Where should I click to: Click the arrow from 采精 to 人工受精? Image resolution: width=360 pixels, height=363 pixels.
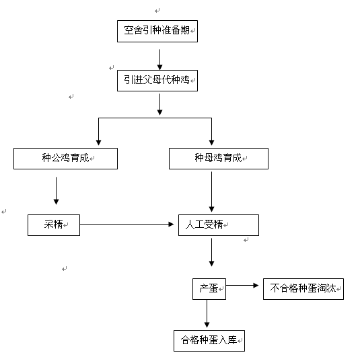click(127, 224)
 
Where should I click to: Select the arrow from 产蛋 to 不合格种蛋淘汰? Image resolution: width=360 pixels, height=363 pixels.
click(242, 285)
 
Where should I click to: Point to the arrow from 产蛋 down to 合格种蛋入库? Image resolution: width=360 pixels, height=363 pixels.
click(207, 314)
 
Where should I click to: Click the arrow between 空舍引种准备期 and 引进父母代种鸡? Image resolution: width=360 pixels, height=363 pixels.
click(159, 60)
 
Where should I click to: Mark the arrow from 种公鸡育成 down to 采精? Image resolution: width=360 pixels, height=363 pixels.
click(56, 191)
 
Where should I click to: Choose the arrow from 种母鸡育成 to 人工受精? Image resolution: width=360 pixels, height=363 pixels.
click(211, 192)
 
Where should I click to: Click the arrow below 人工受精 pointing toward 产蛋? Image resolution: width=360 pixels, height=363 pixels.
click(211, 252)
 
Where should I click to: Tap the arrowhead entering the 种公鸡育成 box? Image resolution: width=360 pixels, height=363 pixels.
click(98, 143)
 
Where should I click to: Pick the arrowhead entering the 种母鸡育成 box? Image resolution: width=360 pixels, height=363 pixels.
click(211, 143)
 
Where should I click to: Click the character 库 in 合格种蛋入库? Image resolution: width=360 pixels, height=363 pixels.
click(232, 340)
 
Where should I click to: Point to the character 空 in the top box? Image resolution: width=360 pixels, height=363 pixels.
click(129, 30)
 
